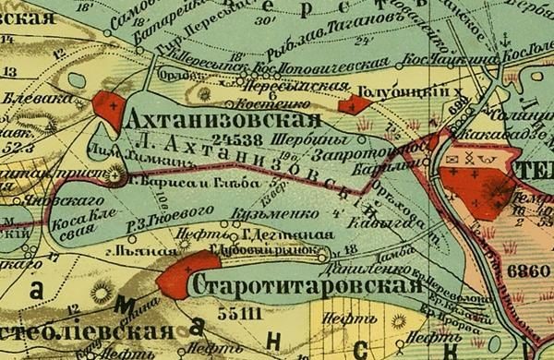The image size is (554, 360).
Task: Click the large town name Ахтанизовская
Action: pos(223,122)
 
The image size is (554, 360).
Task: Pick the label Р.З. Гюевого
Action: pos(152,217)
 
